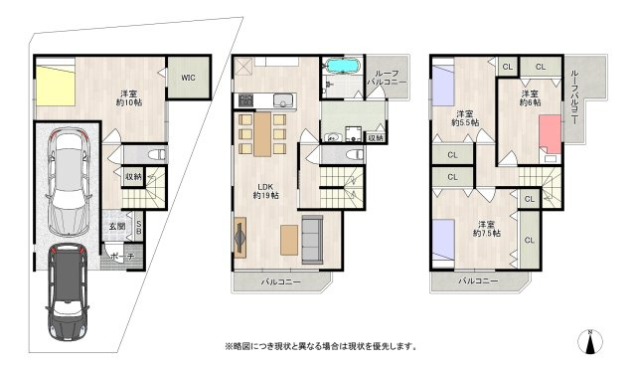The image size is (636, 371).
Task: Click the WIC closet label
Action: pyautogui.click(x=188, y=78)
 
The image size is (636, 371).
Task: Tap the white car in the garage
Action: pyautogui.click(x=69, y=181)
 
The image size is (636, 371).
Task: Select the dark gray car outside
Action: pyautogui.click(x=68, y=291)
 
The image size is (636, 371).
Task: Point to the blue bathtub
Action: pyautogui.click(x=343, y=67)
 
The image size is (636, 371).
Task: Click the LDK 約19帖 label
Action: pyautogui.click(x=265, y=191)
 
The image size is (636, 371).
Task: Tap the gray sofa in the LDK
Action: pyautogui.click(x=312, y=240)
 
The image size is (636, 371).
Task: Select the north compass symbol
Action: pyautogui.click(x=590, y=342)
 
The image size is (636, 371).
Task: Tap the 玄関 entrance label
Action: pyautogui.click(x=117, y=226)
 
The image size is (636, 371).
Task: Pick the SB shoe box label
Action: pyautogui.click(x=139, y=227)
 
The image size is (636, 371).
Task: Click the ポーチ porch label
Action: pyautogui.click(x=122, y=257)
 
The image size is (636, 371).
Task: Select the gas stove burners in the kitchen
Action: pyautogui.click(x=245, y=100)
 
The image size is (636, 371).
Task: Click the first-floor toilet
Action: pyautogui.click(x=157, y=154)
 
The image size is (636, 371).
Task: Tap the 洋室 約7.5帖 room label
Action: pyautogui.click(x=486, y=229)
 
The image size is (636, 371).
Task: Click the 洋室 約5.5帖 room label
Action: pyautogui.click(x=465, y=118)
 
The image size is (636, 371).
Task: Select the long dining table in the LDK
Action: pyautogui.click(x=262, y=134)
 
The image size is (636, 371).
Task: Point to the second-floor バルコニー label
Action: pyautogui.click(x=280, y=281)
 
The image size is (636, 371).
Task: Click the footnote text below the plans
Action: pyautogui.click(x=321, y=347)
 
